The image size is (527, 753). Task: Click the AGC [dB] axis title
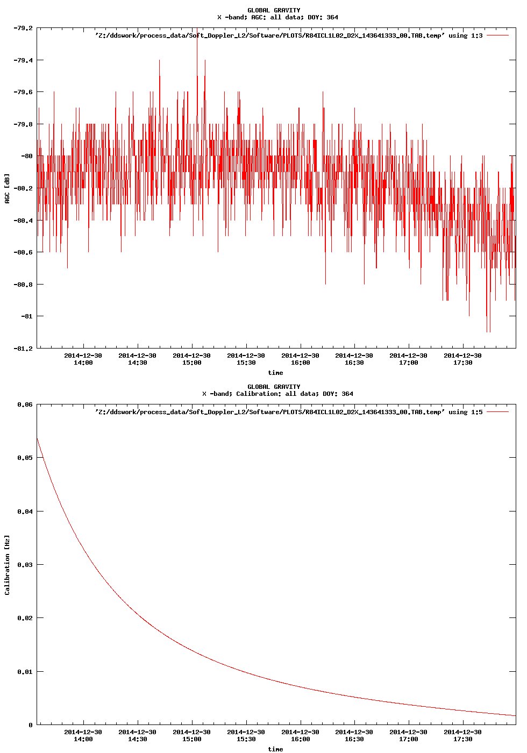tap(7, 188)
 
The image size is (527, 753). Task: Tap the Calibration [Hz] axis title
tap(7, 565)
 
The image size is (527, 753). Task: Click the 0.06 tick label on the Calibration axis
tap(25, 404)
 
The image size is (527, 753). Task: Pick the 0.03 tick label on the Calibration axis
tap(25, 565)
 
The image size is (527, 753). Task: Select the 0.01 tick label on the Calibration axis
tap(25, 672)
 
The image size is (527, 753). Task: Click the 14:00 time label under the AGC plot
tap(83, 363)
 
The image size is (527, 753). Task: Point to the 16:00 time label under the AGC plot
tap(300, 363)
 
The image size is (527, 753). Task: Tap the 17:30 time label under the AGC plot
tap(462, 363)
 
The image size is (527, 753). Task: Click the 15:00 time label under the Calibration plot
tap(191, 739)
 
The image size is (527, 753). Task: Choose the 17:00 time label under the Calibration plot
tap(408, 739)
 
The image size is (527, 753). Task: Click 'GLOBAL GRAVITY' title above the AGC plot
tap(274, 10)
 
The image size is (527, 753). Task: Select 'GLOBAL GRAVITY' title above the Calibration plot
tap(274, 387)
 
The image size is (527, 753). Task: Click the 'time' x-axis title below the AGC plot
tap(275, 373)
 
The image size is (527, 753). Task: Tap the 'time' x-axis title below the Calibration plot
tap(275, 749)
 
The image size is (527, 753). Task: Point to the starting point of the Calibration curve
tap(37, 438)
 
